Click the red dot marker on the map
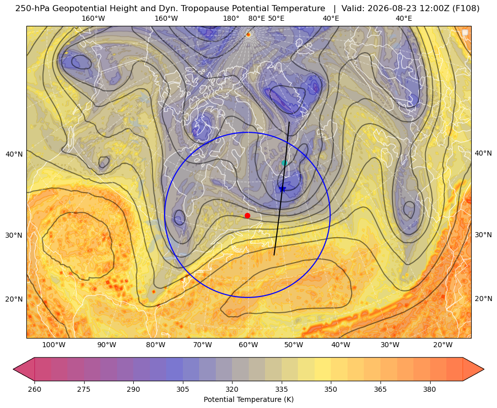pyautogui.click(x=247, y=215)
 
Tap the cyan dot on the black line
pyautogui.click(x=284, y=163)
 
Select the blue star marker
pyautogui.click(x=282, y=189)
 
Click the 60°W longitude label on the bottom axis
pyautogui.click(x=248, y=345)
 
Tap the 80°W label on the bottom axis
pyautogui.click(x=156, y=345)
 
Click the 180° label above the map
pyautogui.click(x=231, y=18)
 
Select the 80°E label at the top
pyautogui.click(x=256, y=18)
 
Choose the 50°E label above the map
pyautogui.click(x=276, y=18)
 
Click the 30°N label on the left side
pyautogui.click(x=14, y=235)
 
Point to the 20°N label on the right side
pyautogui.click(x=483, y=299)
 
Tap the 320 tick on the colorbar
pyautogui.click(x=232, y=389)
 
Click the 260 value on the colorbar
pyautogui.click(x=34, y=389)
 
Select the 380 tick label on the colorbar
pyautogui.click(x=430, y=389)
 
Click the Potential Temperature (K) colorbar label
pyautogui.click(x=248, y=399)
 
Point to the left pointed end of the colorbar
pyautogui.click(x=14, y=369)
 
